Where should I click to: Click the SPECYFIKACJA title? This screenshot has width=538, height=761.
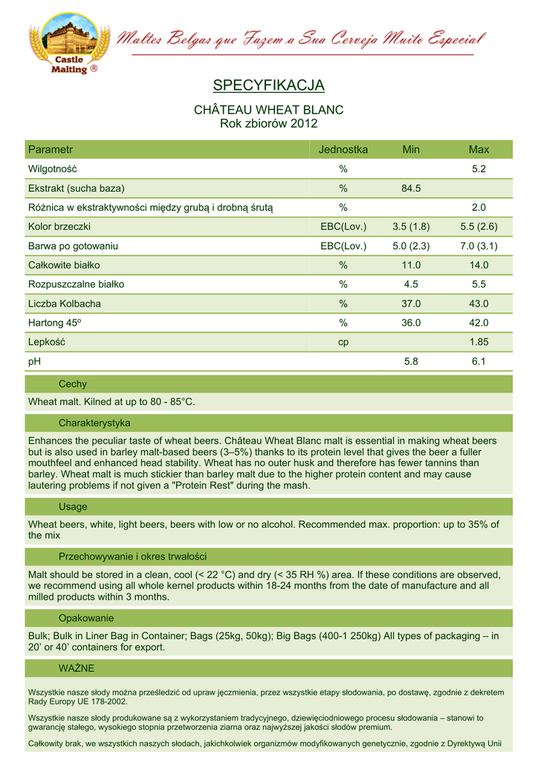268,85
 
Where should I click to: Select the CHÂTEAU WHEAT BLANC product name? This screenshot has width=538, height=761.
268,110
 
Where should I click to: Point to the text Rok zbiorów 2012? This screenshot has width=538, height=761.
268,123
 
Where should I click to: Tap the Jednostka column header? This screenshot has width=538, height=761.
343,149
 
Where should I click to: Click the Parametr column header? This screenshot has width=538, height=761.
51,149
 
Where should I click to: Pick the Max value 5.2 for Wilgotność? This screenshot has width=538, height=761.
479,169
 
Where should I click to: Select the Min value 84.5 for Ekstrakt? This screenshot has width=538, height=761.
411,188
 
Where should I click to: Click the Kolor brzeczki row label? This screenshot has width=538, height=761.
59,226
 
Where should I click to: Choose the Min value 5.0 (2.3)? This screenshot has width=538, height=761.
411,245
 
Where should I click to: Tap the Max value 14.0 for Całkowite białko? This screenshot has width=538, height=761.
479,265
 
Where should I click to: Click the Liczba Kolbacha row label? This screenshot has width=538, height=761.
65,303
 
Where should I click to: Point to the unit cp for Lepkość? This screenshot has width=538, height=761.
343,342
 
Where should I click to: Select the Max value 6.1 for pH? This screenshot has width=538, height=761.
479,361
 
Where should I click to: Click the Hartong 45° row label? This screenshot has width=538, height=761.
55,323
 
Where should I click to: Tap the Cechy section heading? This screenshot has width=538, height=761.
73,384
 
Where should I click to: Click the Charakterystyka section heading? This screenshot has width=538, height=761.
94,423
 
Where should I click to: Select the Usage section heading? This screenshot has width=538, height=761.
73,507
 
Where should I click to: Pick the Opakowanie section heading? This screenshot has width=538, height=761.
86,618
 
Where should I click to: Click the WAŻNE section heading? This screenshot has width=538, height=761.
77,668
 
